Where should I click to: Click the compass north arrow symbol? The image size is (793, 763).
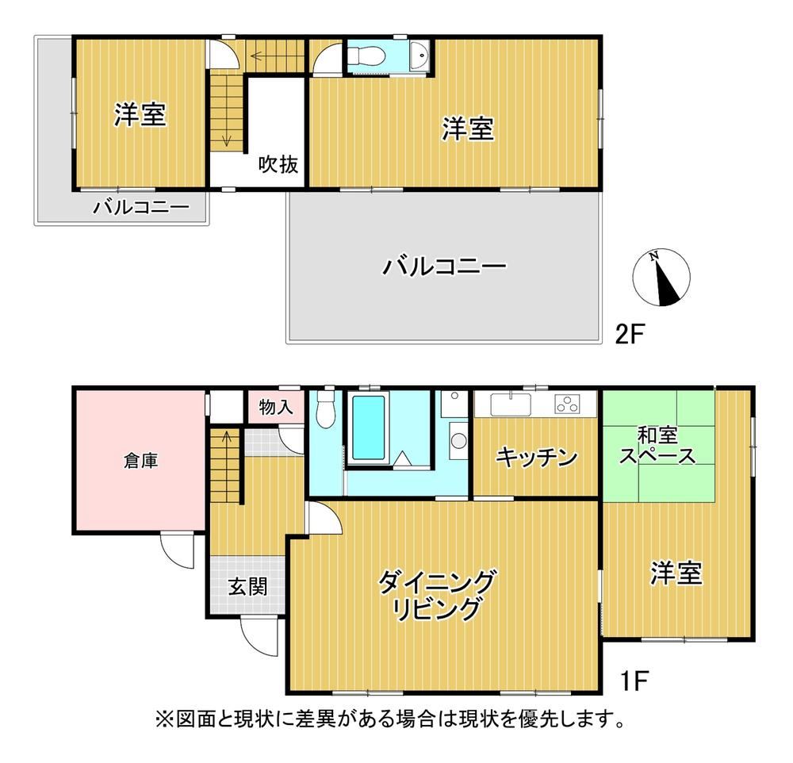(x=661, y=278)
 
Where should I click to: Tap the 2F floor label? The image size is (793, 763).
(x=629, y=334)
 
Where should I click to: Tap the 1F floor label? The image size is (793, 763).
(x=634, y=681)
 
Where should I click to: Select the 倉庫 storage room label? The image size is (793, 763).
(x=140, y=461)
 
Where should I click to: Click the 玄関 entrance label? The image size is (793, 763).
(x=247, y=587)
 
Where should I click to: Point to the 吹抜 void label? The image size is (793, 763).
(x=278, y=164)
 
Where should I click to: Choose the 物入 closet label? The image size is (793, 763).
(x=276, y=406)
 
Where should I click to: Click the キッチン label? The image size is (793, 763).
(x=536, y=458)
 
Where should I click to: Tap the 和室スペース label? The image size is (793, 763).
(x=657, y=446)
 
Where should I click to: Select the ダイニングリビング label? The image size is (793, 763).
(x=436, y=595)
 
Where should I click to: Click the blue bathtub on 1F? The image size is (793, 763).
(x=368, y=428)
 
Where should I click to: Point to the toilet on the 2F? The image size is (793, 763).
(x=363, y=56)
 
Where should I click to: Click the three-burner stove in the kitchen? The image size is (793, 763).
(x=568, y=404)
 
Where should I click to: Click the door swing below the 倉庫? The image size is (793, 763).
(x=178, y=550)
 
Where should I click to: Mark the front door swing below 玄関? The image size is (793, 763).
(x=259, y=636)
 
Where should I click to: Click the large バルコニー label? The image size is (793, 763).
(x=443, y=266)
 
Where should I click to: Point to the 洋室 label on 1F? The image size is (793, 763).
(x=676, y=573)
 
